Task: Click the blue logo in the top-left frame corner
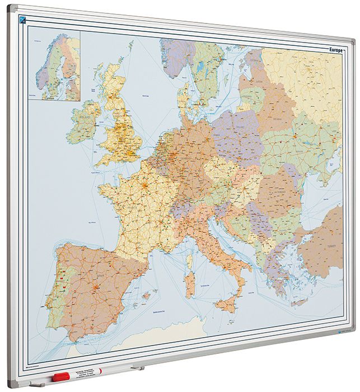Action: [23, 20]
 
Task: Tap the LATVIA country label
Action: [259, 81]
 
